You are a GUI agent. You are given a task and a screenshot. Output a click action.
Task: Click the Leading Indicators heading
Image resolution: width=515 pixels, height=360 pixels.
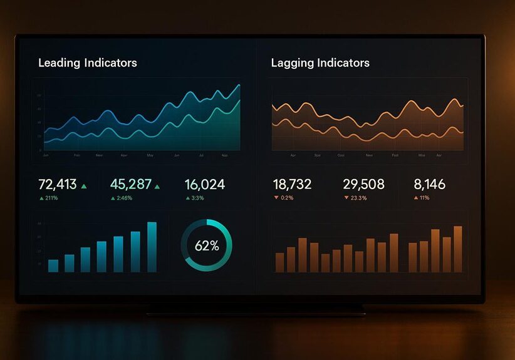coord(88,63)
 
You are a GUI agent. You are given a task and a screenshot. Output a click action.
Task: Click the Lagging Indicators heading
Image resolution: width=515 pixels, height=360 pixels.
coord(320,63)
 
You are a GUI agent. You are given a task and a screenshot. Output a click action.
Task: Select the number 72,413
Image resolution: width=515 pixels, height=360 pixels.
coord(58,184)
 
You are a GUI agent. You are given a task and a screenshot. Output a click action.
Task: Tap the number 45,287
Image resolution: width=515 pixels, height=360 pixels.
coord(131,184)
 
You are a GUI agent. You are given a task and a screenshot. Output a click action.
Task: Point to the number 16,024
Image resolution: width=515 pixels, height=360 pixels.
coord(205,184)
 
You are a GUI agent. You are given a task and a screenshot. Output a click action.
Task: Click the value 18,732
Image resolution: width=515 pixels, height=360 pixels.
coord(292,184)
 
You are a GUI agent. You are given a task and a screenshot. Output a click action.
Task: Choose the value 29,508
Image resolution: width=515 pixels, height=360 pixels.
coord(363,184)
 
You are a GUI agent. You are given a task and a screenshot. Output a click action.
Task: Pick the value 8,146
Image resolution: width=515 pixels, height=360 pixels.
coord(430,184)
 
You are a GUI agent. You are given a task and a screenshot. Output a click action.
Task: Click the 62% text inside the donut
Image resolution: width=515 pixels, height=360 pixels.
coord(207,246)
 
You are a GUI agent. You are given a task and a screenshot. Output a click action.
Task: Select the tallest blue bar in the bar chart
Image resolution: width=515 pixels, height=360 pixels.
coord(152,247)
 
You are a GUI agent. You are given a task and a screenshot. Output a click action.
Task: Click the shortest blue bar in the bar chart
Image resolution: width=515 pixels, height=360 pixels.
coord(53,265)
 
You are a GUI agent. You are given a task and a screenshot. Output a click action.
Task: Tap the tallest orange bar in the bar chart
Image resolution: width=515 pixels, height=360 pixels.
coord(457,249)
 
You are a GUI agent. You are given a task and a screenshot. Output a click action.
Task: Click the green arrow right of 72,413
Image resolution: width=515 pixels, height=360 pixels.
coord(84,186)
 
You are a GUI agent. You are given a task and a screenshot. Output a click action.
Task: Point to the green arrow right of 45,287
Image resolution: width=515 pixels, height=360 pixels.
coord(157,186)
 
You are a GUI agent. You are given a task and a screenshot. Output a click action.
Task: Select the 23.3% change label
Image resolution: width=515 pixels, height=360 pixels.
coord(359,198)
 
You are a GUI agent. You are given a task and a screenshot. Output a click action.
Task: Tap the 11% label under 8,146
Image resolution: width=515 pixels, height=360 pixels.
coord(424,198)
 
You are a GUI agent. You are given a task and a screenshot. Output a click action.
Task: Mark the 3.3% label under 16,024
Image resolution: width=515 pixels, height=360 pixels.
coord(197,198)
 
